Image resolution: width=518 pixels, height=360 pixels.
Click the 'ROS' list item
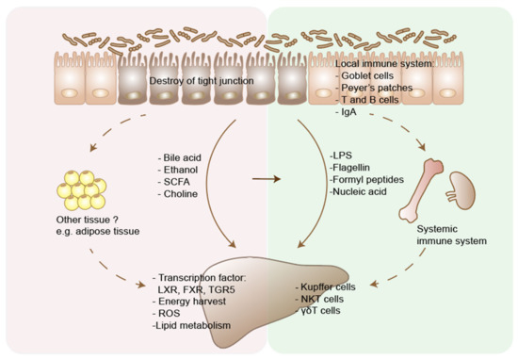pyautogui.click(x=167, y=307)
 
